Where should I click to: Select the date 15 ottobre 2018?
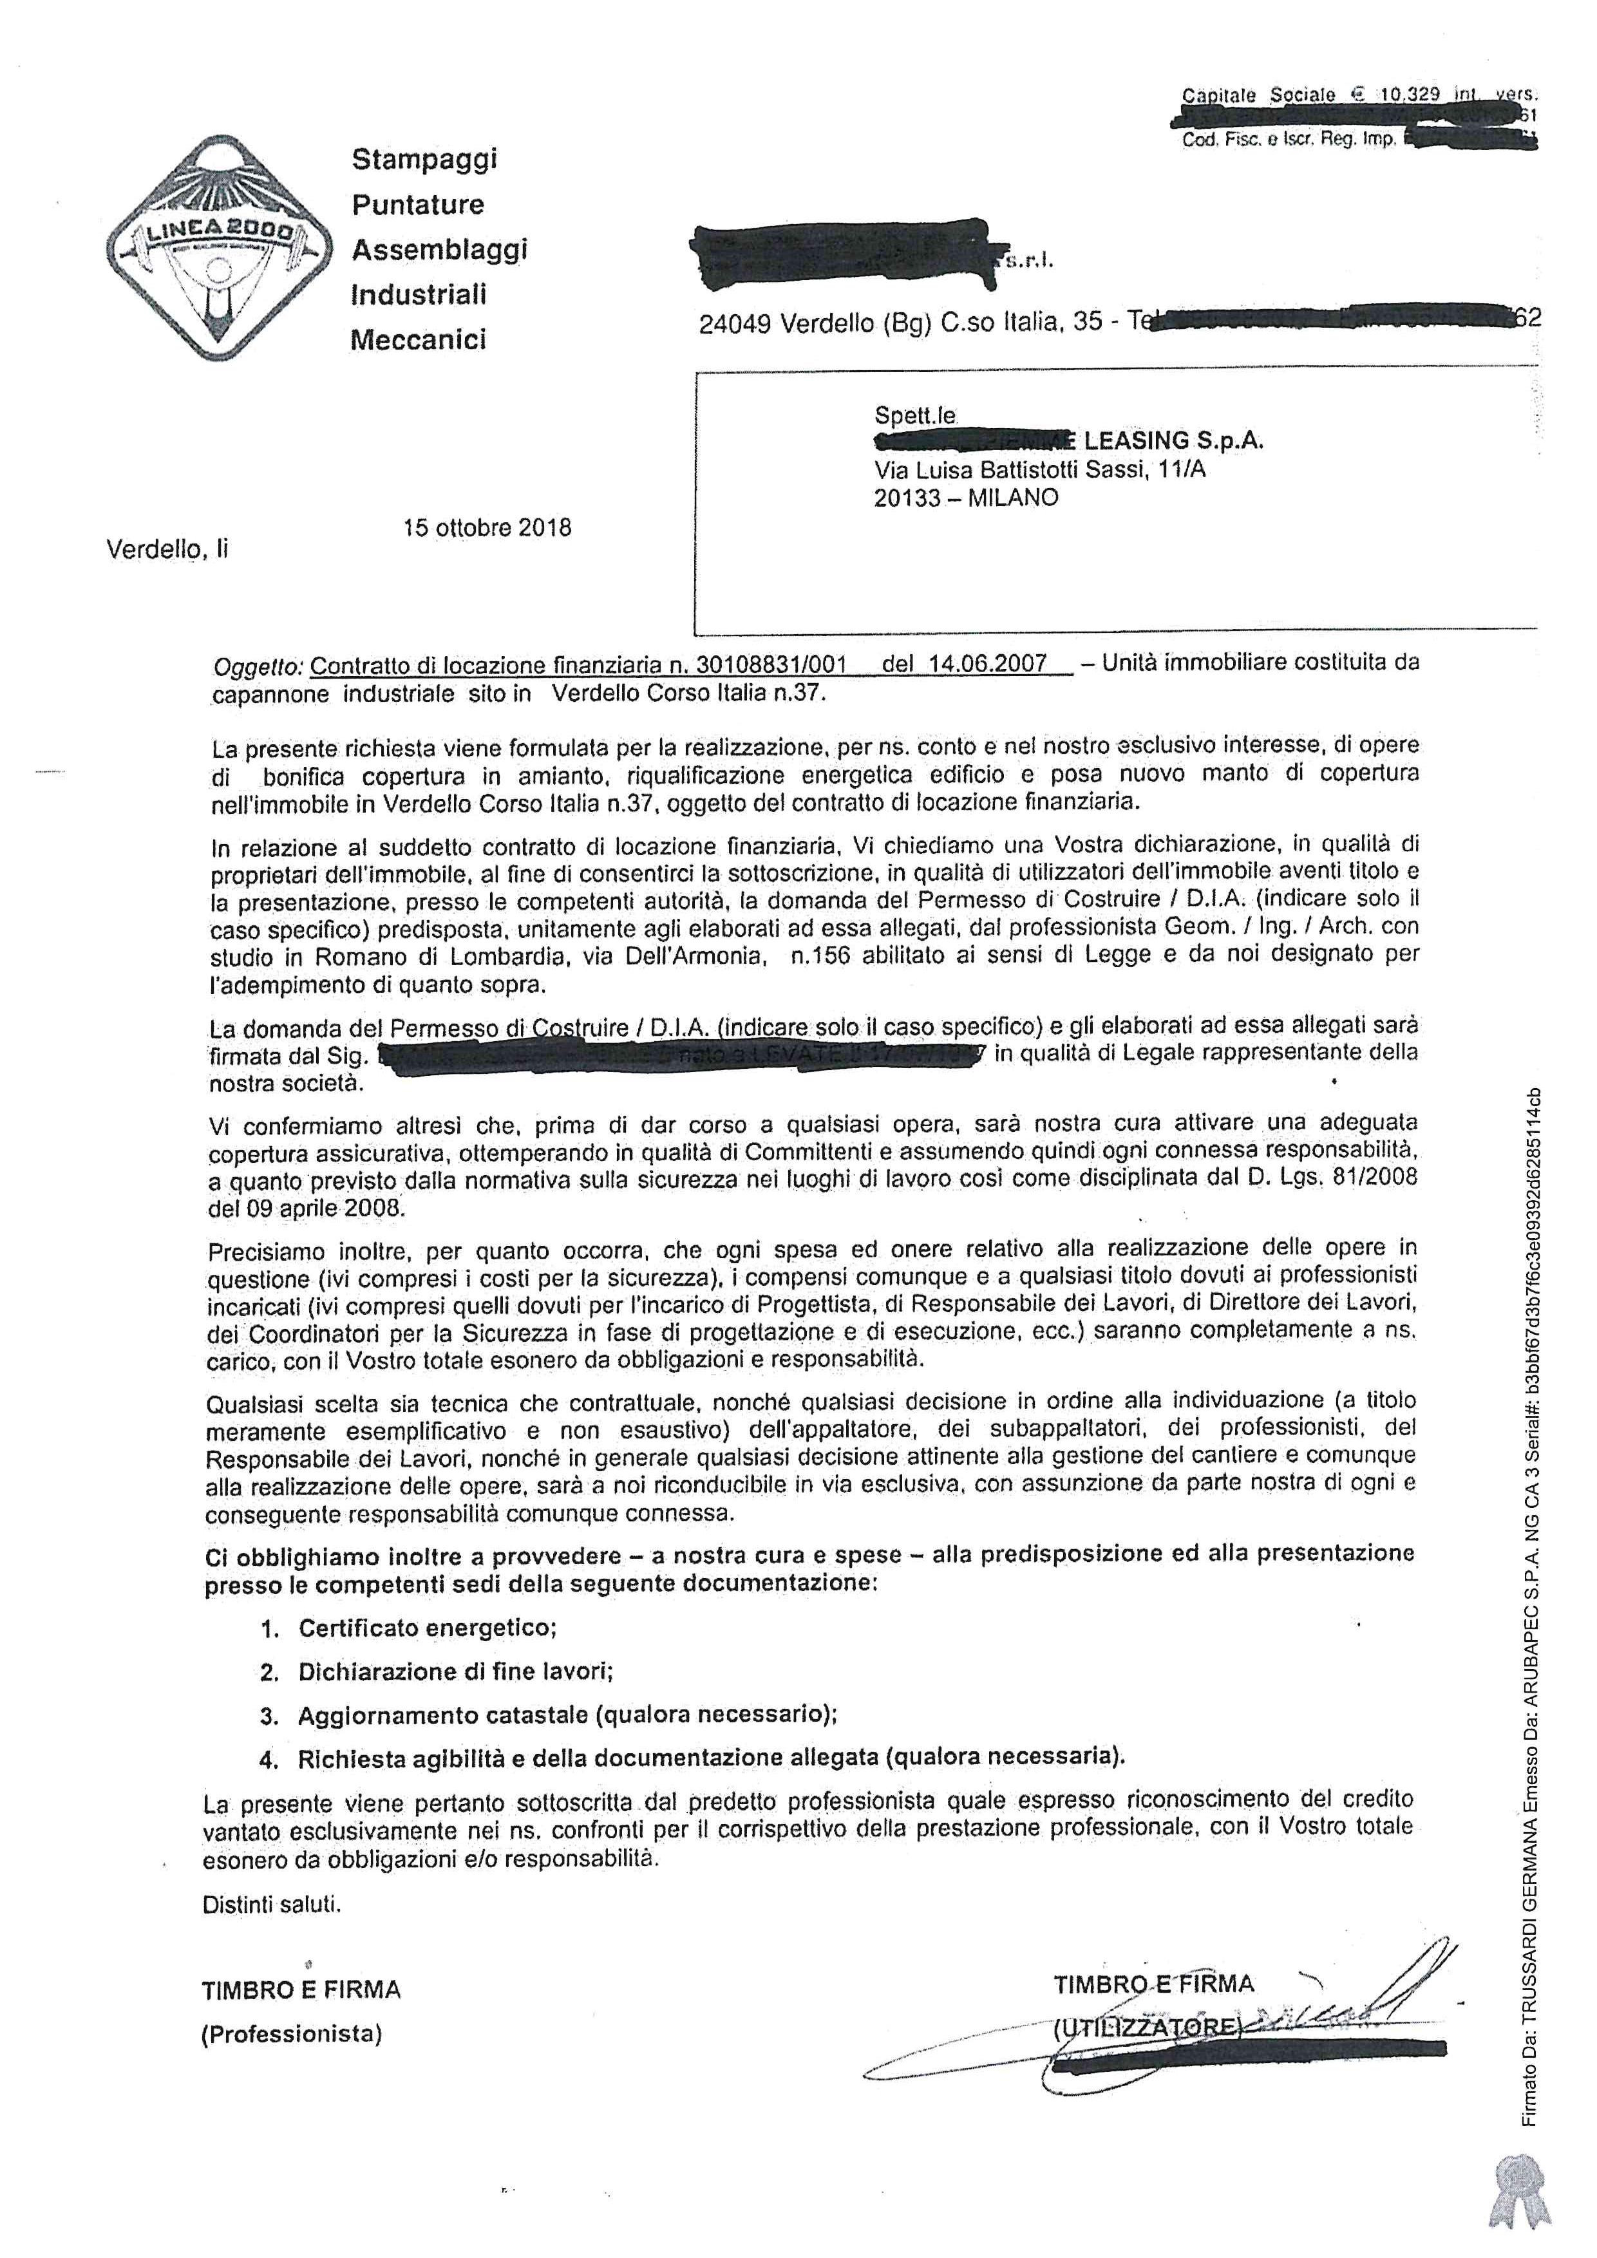point(487,527)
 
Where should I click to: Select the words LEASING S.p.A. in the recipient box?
point(1173,442)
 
